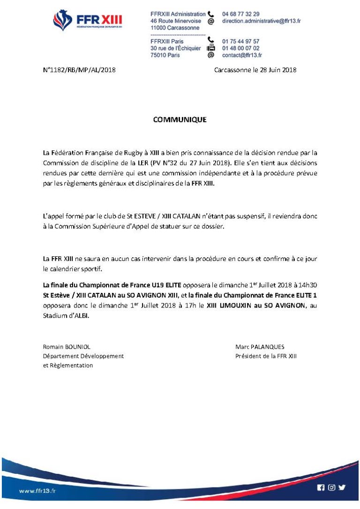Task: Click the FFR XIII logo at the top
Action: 88,21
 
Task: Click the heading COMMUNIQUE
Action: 180,120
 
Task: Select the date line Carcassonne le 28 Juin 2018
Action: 255,70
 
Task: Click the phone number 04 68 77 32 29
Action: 240,14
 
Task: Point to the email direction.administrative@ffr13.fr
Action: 261,21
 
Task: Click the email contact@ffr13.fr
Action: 242,55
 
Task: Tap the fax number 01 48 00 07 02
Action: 240,48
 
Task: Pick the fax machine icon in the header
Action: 211,48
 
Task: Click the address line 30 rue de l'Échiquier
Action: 175,48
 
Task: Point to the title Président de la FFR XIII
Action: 266,356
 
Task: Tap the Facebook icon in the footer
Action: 321,487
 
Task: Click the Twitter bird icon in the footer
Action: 342,487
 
